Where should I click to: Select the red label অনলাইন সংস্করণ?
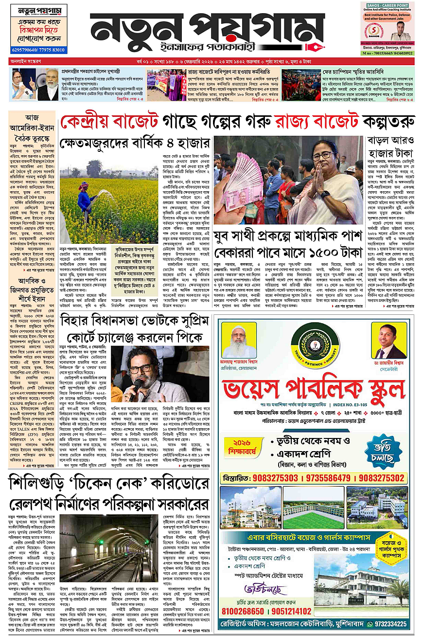click(25, 62)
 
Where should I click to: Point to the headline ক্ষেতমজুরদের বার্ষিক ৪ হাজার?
click(134, 144)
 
